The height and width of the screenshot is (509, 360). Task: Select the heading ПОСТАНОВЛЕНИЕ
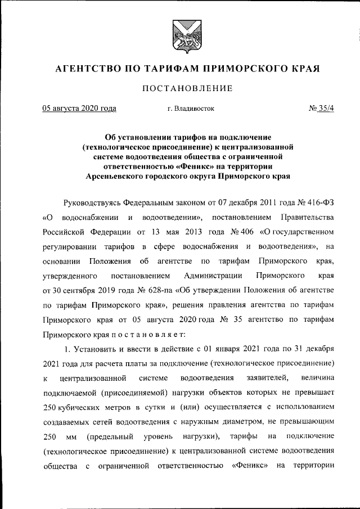coord(179,88)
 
